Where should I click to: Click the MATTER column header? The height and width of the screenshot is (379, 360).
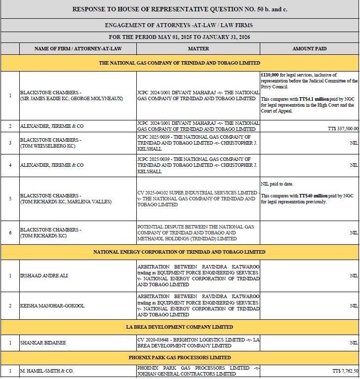point(198,49)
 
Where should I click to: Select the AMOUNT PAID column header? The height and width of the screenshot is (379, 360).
point(309,49)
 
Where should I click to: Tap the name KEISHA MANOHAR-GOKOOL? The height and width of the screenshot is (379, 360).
point(52,305)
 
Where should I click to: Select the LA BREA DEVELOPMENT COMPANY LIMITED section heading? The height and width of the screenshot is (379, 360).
point(179,327)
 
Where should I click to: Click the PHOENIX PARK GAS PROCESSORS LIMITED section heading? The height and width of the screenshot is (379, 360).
point(179,357)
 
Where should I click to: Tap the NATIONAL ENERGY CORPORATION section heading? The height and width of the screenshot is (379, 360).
point(179,252)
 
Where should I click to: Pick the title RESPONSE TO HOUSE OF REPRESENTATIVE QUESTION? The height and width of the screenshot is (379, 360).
point(179,9)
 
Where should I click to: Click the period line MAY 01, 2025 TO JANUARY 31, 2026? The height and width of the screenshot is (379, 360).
point(179,37)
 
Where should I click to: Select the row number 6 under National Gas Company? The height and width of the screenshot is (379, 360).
point(10,232)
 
